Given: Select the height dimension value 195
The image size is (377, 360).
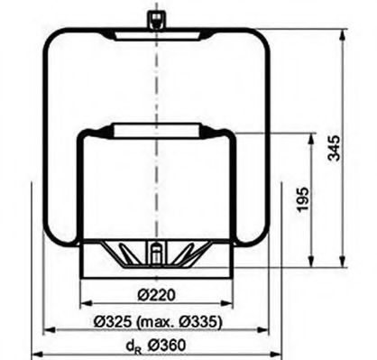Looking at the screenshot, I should click(x=303, y=196).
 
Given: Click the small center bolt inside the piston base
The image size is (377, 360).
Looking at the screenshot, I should click(x=156, y=254).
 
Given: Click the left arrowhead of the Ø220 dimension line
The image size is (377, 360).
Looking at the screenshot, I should click(x=85, y=304).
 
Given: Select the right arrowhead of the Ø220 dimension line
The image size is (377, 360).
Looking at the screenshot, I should click(x=229, y=304).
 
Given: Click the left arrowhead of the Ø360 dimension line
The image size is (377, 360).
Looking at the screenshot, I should click(x=35, y=355).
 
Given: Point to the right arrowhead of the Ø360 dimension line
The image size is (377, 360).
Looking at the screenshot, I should click(x=277, y=355).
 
